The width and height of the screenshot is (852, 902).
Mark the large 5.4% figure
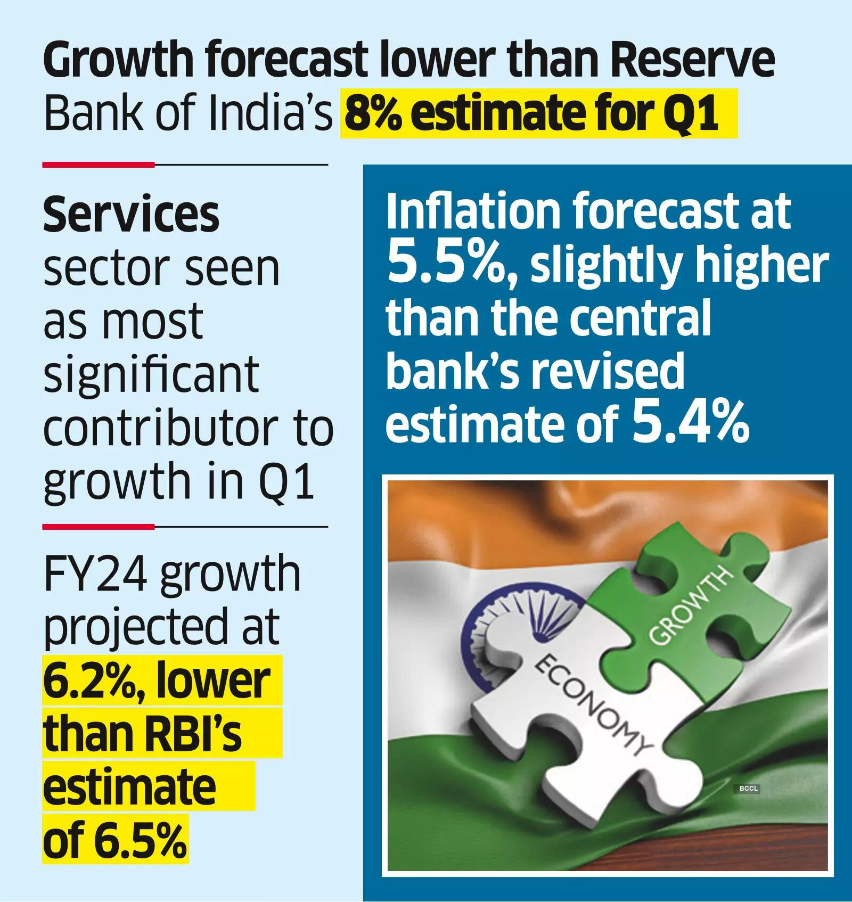[691, 423]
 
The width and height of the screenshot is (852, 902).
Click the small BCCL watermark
[748, 789]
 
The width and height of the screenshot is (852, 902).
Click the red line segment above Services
[99, 165]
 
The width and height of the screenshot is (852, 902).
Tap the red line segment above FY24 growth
[99, 527]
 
